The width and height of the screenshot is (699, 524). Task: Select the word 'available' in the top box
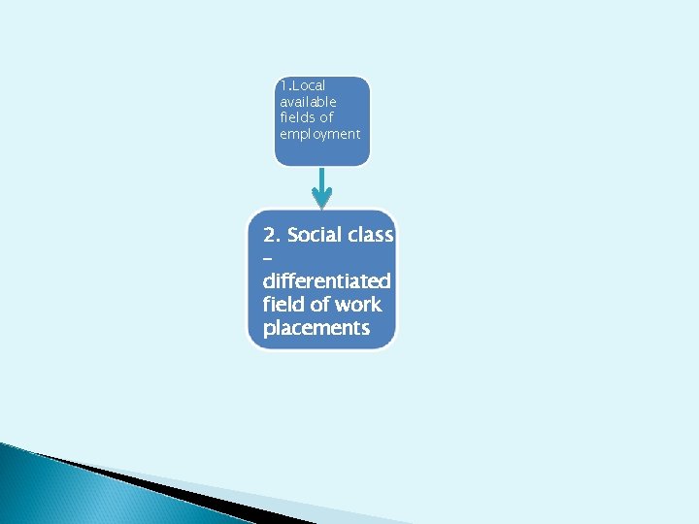[x=308, y=102]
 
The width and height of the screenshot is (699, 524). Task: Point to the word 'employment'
[x=319, y=134]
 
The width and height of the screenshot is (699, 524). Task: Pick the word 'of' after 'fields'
[x=326, y=117]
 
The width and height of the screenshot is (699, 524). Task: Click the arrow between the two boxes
[x=322, y=181]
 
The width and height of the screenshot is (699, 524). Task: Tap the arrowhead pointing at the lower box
[x=322, y=201]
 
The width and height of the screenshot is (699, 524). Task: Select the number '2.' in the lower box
[x=272, y=235]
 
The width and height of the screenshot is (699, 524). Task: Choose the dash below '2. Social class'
[x=267, y=259]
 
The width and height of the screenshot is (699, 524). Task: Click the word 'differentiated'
[x=326, y=281]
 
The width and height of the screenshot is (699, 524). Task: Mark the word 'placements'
[x=316, y=328]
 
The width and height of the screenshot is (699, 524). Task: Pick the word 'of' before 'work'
[x=323, y=305]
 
